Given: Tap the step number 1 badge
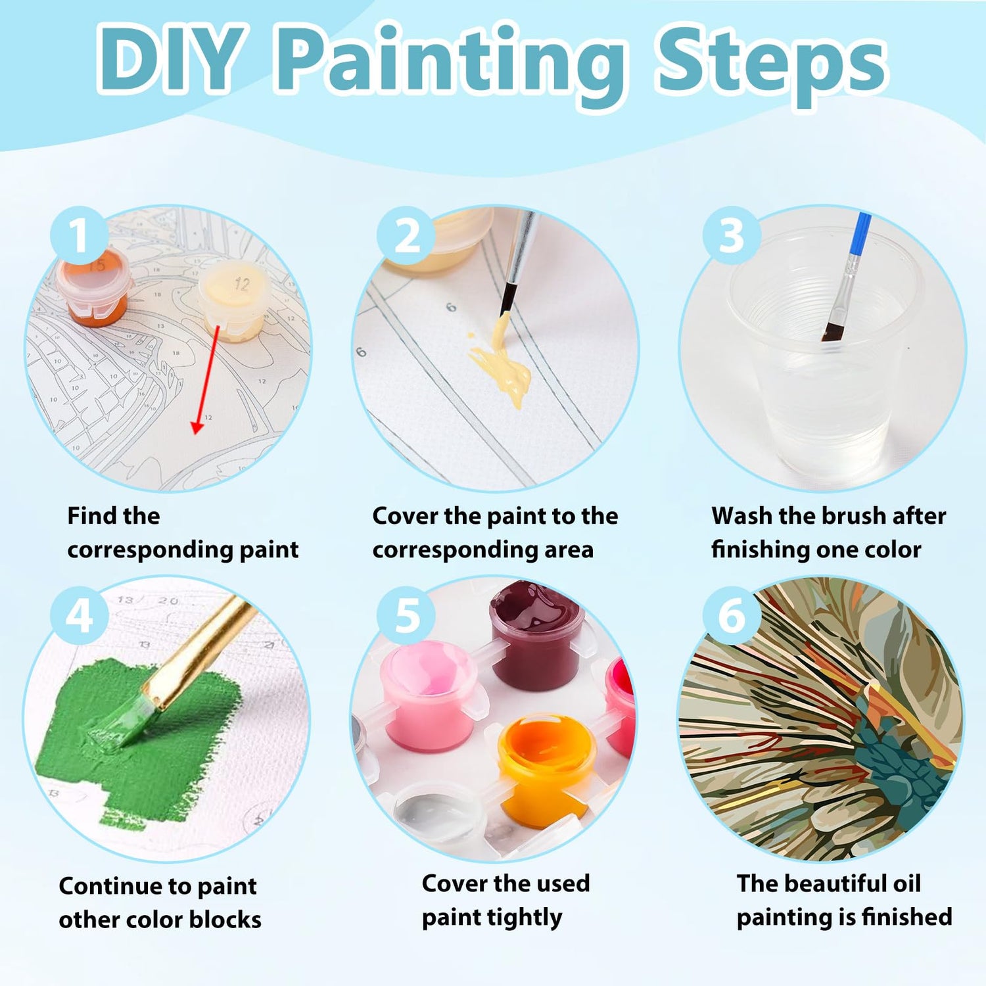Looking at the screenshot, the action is pos(80,235).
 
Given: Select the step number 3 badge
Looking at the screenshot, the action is pos(732,235).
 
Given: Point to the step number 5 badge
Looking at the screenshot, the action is pos(406,616).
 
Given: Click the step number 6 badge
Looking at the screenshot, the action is pos(732,616).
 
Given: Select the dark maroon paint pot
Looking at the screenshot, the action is pos(536,634).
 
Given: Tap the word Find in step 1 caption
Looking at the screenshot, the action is pos(88,516).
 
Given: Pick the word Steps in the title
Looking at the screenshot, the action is pos(770,62).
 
